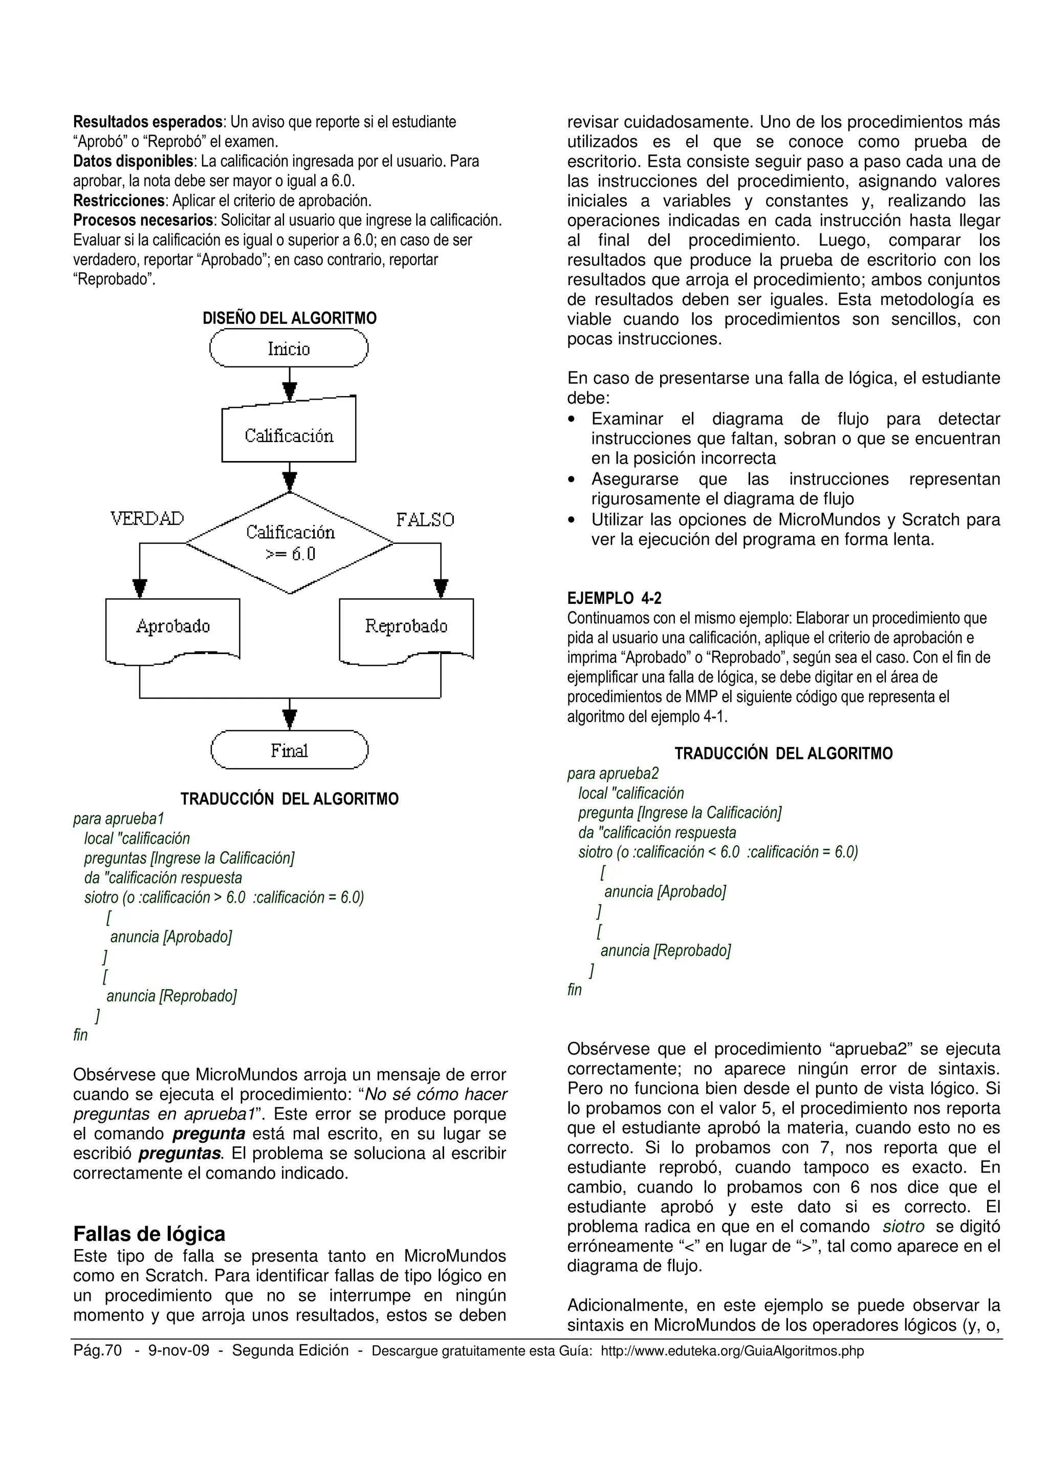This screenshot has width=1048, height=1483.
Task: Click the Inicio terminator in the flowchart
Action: point(289,349)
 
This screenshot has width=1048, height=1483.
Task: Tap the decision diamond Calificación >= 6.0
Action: point(290,542)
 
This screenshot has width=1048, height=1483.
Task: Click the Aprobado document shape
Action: point(172,627)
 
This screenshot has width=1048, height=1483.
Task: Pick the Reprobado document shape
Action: point(406,627)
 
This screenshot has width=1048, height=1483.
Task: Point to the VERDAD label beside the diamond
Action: point(147,519)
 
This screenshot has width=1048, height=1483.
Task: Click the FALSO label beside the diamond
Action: point(425,520)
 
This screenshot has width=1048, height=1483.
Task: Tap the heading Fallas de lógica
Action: point(149,1234)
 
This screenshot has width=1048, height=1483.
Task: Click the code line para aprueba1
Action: point(119,818)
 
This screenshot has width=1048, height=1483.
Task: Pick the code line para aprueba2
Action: point(613,773)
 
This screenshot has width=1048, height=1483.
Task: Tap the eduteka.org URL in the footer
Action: point(732,1351)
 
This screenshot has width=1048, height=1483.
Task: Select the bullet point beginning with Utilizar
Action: point(794,530)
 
